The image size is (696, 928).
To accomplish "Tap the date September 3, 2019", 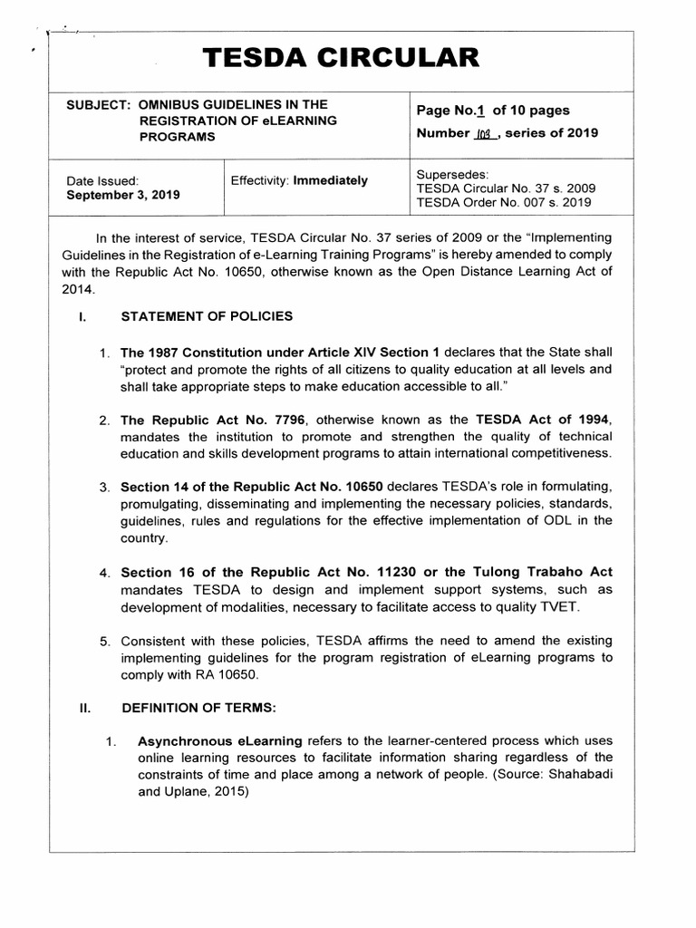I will coord(123,195).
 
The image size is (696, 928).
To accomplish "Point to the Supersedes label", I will coord(451,174).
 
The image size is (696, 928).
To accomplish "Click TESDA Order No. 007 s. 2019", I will coord(505,204).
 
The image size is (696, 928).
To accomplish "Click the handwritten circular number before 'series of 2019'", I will coord(480,134).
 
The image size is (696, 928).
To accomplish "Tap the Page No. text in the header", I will coord(451,111).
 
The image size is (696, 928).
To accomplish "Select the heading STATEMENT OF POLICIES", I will coord(208,316).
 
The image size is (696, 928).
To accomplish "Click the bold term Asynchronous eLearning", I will coord(220,741).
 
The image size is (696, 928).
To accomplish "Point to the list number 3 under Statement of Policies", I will coord(104,488).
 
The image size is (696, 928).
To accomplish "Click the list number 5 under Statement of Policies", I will coord(104,642).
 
